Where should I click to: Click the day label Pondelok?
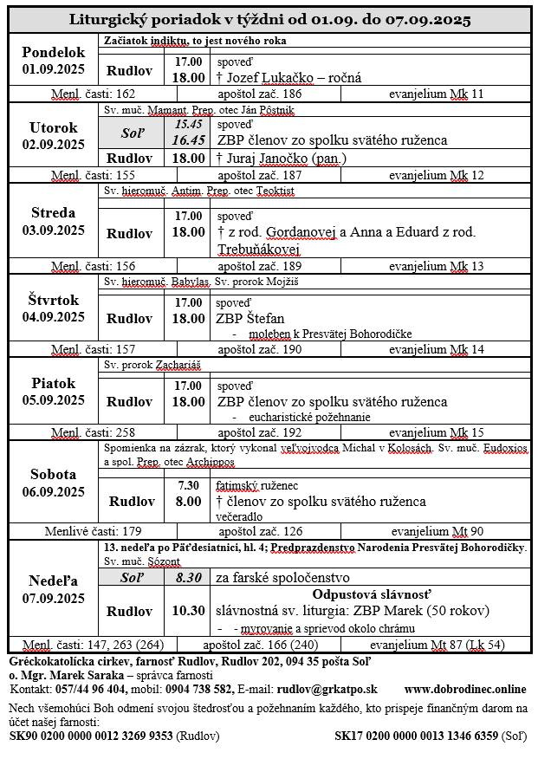tap(54, 51)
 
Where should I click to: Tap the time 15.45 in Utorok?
tap(189, 124)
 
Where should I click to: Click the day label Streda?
tap(54, 212)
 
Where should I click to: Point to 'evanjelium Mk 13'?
tap(436, 266)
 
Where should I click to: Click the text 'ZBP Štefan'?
tap(250, 318)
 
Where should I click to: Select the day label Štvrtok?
tap(54, 300)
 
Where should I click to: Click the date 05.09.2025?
tap(54, 400)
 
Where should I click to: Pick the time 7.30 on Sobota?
tap(189, 485)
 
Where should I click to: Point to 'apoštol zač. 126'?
tap(260, 531)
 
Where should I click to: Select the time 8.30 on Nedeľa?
tap(189, 577)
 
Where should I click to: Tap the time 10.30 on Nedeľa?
tap(189, 611)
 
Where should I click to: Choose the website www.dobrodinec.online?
tap(464, 689)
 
